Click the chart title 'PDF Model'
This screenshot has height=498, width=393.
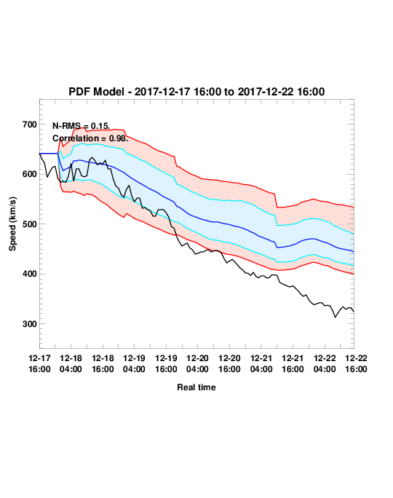point(96,92)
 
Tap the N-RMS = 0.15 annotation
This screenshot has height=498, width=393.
point(81,126)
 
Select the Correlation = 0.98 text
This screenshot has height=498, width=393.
point(90,138)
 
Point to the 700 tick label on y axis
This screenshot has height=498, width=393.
point(30,125)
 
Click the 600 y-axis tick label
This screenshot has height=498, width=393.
point(30,174)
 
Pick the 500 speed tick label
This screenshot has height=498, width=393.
point(30,224)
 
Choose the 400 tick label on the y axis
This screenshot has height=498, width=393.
point(30,274)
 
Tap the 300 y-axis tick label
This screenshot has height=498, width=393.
point(30,324)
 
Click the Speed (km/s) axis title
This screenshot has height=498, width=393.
point(12,224)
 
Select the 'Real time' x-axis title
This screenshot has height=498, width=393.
point(196,387)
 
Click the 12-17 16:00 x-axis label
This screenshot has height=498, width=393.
point(39,363)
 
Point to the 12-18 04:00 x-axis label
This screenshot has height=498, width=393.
point(71,363)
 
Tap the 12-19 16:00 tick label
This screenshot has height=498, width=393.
point(166,363)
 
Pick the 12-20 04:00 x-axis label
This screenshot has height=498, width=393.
point(197,363)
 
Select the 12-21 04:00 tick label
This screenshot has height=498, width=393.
point(261,363)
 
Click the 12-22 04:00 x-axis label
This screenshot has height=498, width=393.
point(325,363)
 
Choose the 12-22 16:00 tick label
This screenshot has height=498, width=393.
point(356,363)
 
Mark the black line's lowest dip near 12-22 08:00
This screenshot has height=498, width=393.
point(335,317)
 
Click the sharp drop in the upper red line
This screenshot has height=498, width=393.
point(276,200)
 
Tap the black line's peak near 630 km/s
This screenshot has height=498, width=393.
point(92,157)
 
